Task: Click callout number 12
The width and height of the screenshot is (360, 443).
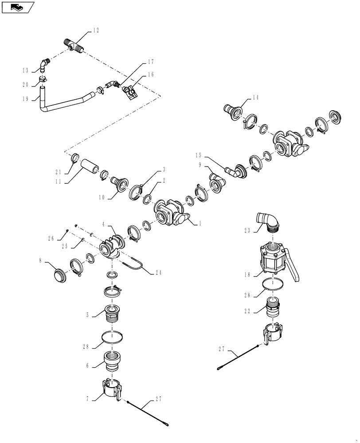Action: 96,31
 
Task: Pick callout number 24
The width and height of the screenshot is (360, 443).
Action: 159,273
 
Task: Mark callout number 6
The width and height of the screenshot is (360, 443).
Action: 87,366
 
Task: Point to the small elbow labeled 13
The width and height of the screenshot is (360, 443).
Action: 43,65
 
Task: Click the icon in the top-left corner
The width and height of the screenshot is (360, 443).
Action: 17,7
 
